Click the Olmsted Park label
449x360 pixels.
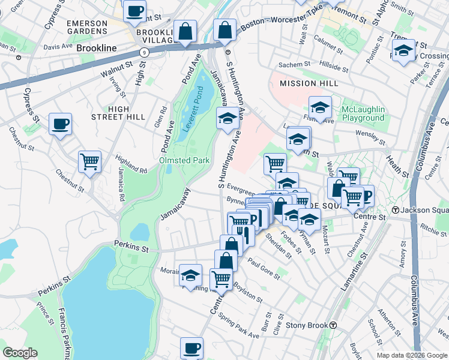(x=184, y=160)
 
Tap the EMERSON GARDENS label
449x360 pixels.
(x=87, y=28)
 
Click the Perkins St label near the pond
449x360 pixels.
(x=130, y=245)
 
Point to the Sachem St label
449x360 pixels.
(x=294, y=64)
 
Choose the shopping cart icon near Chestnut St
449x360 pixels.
(x=89, y=161)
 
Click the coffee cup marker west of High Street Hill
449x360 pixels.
(x=60, y=124)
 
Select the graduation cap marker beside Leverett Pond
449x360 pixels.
(x=228, y=119)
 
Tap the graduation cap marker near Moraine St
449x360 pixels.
(x=191, y=275)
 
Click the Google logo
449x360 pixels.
(x=20, y=353)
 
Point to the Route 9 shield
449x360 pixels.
(x=145, y=52)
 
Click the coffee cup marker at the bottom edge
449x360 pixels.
(x=192, y=348)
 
